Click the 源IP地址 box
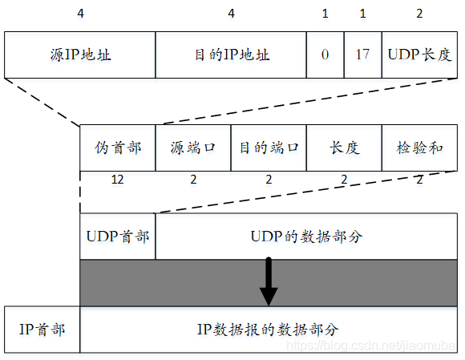79,55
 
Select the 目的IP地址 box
231,55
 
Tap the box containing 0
325,55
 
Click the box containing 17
362,55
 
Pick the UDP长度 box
420,55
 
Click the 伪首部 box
117,148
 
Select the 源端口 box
193,148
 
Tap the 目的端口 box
269,148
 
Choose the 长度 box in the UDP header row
344,148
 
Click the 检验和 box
420,148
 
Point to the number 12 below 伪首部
118,180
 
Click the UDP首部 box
117,237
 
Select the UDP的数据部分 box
307,237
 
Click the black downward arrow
269,282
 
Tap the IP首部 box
42,330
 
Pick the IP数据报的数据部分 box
269,330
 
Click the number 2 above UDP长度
419,14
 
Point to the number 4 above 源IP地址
79,14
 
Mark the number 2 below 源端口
193,180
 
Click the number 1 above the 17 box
362,14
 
